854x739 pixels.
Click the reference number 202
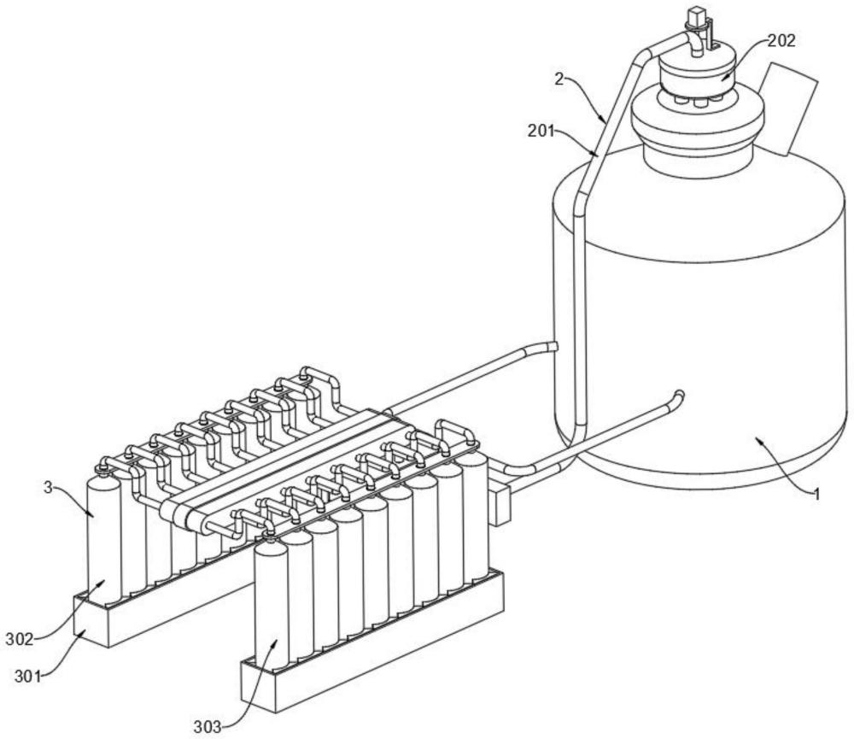pos(781,40)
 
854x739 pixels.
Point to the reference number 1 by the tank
pos(817,493)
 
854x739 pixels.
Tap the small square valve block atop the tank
pos(697,15)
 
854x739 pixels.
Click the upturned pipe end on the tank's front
pos(678,396)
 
